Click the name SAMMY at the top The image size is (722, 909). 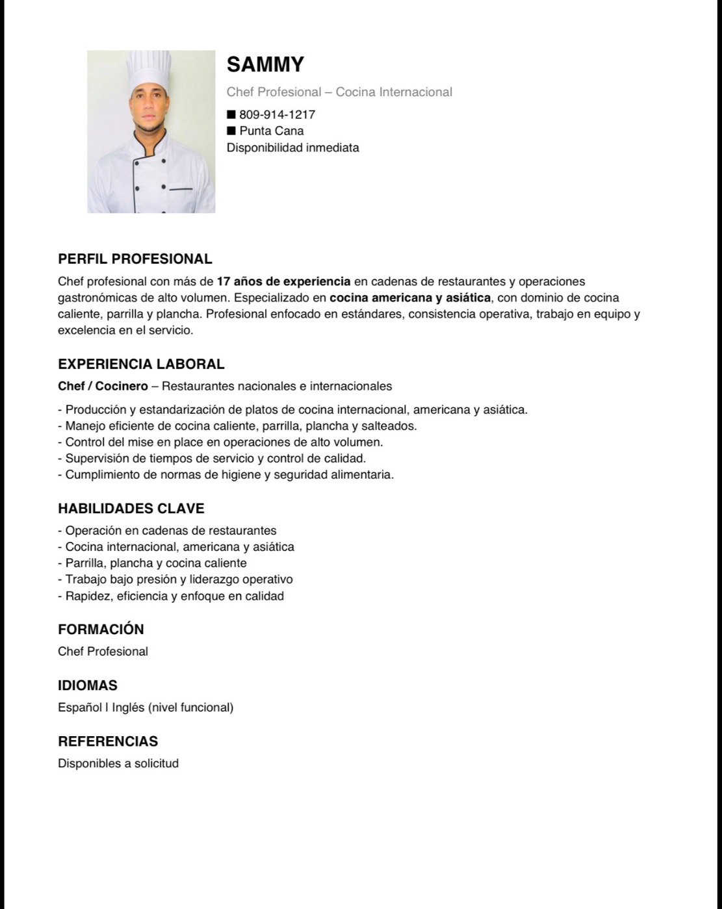click(265, 64)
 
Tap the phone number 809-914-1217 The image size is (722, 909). click(277, 115)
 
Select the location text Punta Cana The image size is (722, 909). click(271, 131)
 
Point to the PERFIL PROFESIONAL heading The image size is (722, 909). click(135, 259)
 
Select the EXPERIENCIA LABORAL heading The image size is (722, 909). click(141, 364)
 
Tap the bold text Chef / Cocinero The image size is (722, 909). click(103, 386)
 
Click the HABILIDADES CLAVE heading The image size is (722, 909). click(131, 508)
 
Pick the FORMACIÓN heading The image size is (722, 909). click(101, 629)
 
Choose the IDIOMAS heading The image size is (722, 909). click(88, 685)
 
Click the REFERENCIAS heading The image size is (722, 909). click(108, 741)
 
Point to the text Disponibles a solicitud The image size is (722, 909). click(118, 763)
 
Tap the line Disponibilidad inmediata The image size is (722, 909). click(292, 147)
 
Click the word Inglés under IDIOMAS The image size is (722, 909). click(128, 708)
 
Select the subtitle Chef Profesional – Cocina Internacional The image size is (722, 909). click(339, 92)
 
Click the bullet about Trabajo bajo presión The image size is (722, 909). click(175, 579)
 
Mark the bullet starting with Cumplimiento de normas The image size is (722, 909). click(226, 474)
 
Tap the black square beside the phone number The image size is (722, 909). click(231, 114)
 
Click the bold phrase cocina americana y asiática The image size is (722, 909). click(410, 298)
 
